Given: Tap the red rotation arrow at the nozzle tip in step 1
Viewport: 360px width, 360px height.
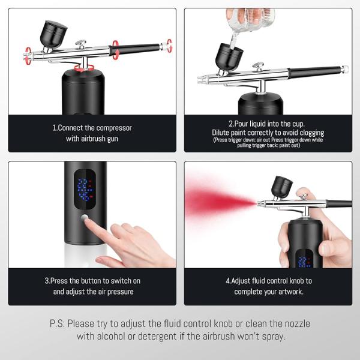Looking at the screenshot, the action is (x=28, y=56).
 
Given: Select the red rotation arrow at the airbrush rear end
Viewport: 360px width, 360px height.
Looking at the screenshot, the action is (x=169, y=46).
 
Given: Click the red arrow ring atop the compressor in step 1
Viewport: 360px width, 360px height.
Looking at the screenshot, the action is (x=84, y=68).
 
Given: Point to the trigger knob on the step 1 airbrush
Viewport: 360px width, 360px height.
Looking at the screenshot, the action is (x=81, y=44).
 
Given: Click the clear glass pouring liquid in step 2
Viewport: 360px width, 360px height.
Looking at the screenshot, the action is (x=250, y=20).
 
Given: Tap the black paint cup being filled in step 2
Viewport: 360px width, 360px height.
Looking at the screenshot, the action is (x=229, y=57).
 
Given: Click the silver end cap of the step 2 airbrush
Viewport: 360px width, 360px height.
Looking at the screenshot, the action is (x=344, y=69).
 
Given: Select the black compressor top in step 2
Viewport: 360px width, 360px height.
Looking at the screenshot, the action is (x=260, y=104).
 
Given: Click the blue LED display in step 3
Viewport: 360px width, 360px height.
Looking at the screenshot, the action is (x=85, y=190).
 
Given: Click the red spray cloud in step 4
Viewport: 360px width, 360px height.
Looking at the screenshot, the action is (x=220, y=201).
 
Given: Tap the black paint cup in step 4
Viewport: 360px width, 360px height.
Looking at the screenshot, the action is (x=282, y=187).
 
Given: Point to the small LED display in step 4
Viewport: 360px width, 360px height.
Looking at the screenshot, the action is (x=304, y=259).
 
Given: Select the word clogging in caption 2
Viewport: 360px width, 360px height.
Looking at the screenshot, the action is (x=312, y=133).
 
